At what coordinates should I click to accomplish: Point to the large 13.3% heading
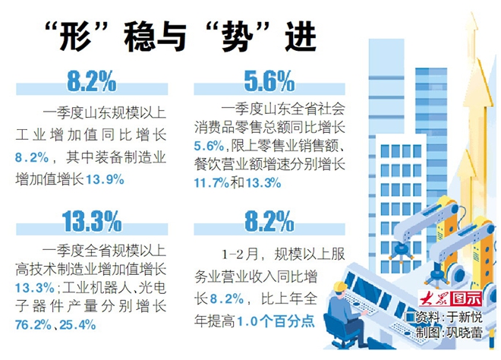pos(92,221)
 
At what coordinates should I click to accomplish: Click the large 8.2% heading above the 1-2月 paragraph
pos(269,221)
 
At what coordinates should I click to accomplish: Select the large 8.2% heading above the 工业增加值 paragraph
pos(91,79)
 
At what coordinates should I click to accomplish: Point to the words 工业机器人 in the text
pos(90,289)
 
